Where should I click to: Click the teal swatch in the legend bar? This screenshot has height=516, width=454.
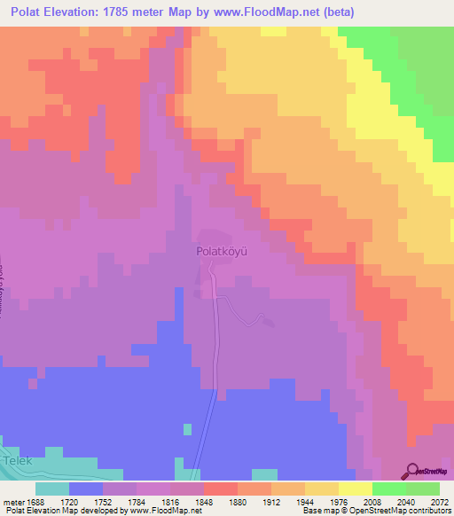pos(52,488)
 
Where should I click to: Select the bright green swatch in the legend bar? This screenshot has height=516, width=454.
pos(389,488)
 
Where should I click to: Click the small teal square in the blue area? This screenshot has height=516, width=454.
pos(187,429)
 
